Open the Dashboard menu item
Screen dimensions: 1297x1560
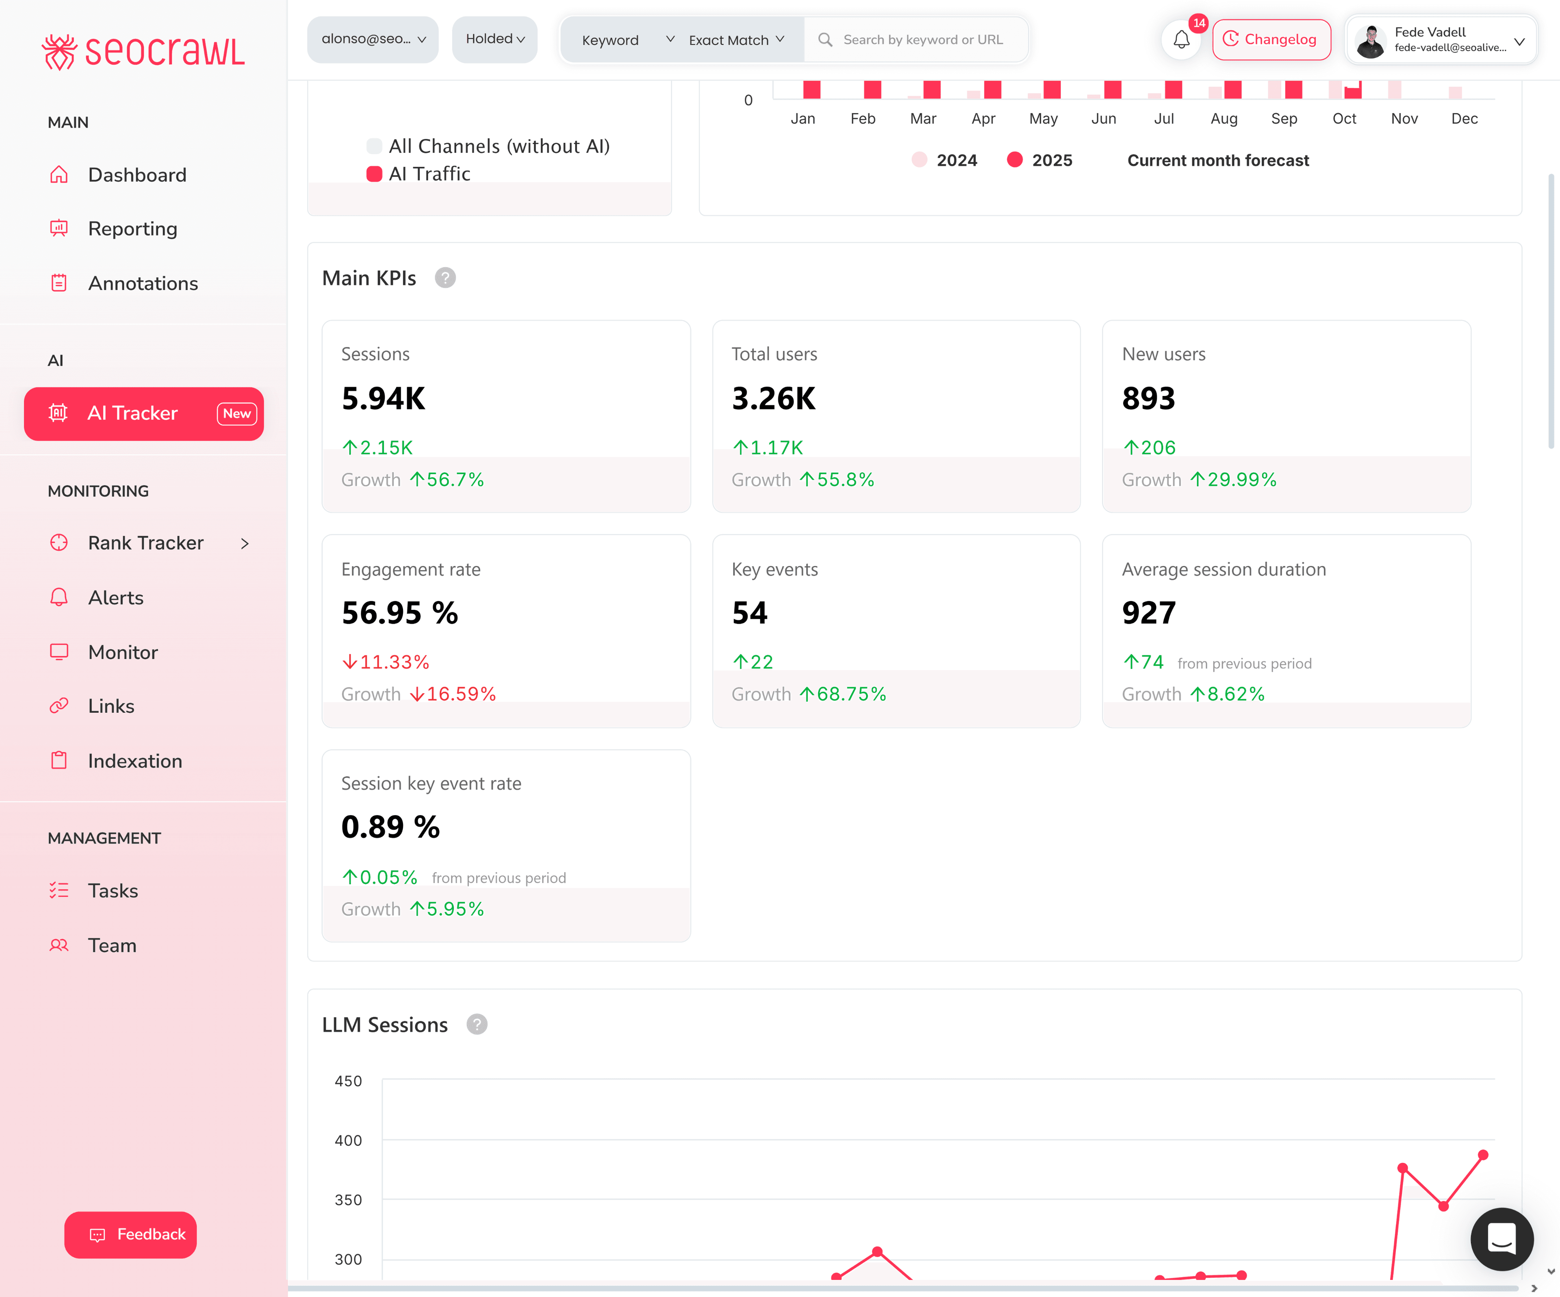tap(136, 175)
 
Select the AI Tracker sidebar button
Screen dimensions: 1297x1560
tap(143, 413)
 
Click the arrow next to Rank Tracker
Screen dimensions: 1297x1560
tap(245, 543)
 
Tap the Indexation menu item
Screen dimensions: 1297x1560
tap(134, 761)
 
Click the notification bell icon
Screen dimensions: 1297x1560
tap(1181, 39)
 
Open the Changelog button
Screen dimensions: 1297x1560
tap(1271, 39)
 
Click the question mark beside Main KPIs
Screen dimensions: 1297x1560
tap(445, 278)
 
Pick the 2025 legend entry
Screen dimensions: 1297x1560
tap(1040, 161)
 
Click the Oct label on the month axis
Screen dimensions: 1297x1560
tap(1344, 119)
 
